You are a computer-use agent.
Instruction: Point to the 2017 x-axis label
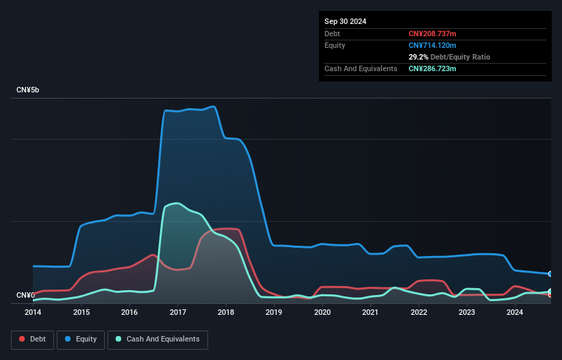177,312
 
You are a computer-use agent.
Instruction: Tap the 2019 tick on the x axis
274,312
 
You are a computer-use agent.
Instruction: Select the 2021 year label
370,312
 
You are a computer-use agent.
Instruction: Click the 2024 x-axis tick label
515,312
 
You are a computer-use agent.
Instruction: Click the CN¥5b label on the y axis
29,90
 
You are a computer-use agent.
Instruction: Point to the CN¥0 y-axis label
25,296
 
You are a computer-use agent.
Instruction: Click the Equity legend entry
80,339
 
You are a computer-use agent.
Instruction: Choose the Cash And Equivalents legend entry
157,339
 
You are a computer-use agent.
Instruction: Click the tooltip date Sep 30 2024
345,21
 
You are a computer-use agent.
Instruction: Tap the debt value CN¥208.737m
433,34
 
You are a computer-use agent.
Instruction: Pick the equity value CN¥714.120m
433,45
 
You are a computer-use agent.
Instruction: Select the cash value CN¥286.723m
433,68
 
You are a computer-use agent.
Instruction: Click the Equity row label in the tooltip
335,45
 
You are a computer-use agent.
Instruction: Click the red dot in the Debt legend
23,339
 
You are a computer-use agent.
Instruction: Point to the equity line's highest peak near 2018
214,106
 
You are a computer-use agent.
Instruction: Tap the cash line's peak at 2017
177,203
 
